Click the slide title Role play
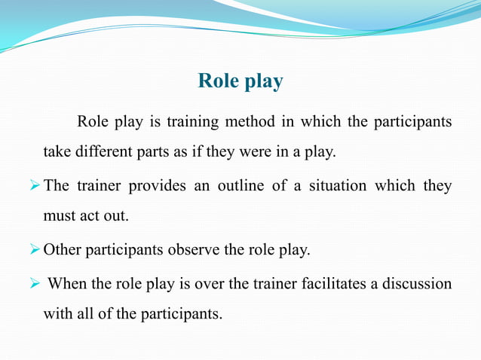click(240, 81)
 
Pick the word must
click(59, 216)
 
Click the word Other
click(61, 250)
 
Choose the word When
click(66, 283)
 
